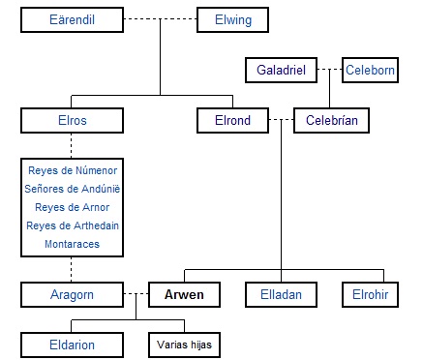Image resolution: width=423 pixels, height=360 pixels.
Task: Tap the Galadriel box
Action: pyautogui.click(x=282, y=71)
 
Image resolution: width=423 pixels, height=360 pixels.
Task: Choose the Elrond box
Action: pyautogui.click(x=233, y=121)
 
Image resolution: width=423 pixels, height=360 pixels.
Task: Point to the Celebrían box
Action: pyautogui.click(x=332, y=121)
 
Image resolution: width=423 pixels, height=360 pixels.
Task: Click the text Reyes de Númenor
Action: pyautogui.click(x=73, y=170)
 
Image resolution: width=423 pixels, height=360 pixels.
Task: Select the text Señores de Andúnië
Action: pyautogui.click(x=73, y=189)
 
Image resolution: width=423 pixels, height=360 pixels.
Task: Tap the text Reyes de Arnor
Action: pyautogui.click(x=73, y=207)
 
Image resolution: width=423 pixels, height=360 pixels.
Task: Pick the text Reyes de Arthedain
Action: pyautogui.click(x=73, y=225)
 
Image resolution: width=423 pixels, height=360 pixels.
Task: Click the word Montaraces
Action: pyautogui.click(x=73, y=244)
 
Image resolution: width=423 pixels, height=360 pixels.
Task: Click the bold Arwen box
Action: pyautogui.click(x=184, y=293)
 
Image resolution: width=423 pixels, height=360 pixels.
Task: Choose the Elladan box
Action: pyautogui.click(x=282, y=293)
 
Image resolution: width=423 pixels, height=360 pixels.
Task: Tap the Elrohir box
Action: pyautogui.click(x=369, y=293)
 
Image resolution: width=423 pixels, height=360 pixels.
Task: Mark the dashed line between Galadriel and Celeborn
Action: pyautogui.click(x=330, y=71)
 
